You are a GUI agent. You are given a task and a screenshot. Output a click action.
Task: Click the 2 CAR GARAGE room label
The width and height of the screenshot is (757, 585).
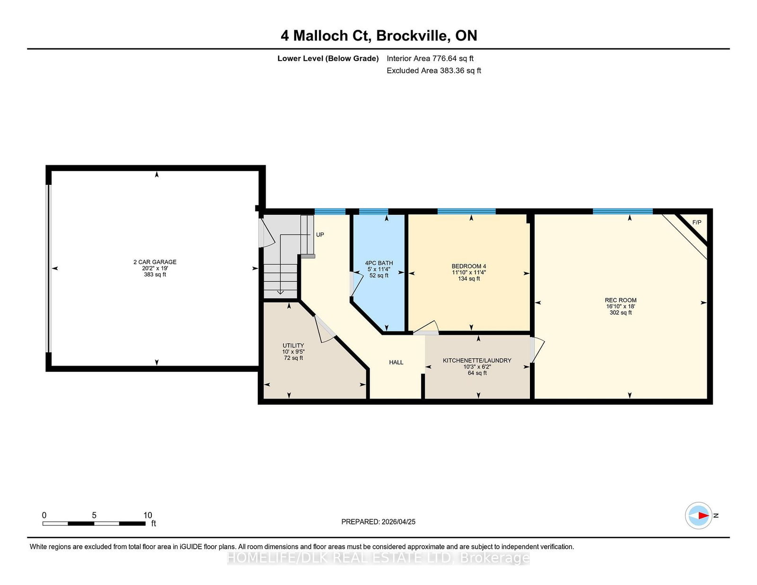(x=155, y=262)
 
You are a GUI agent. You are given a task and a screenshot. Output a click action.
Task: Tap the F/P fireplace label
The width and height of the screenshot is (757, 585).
(x=697, y=222)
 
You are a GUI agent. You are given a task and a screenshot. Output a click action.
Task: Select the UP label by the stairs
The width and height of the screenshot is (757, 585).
(x=320, y=235)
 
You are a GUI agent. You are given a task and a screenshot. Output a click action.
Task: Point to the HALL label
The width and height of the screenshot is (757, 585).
(x=396, y=362)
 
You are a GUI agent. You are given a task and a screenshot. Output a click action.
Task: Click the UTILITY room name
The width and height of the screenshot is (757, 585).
(x=293, y=345)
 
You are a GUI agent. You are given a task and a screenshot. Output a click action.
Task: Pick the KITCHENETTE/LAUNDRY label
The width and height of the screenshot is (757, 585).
(x=477, y=360)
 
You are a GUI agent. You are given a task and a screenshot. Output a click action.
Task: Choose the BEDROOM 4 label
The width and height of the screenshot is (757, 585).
(x=469, y=266)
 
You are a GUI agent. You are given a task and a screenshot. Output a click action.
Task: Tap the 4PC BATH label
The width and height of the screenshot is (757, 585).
(x=379, y=263)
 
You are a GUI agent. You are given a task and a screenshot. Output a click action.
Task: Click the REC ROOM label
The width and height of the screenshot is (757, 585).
(x=620, y=300)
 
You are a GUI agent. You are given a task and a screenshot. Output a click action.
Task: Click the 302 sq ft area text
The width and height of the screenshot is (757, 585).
(x=620, y=313)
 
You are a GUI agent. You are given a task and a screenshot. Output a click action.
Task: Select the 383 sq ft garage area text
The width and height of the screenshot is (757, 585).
(x=155, y=274)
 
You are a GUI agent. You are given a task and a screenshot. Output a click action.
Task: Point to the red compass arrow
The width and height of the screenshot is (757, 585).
(x=704, y=515)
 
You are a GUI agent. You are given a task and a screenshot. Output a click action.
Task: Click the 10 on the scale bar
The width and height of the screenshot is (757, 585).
(x=148, y=515)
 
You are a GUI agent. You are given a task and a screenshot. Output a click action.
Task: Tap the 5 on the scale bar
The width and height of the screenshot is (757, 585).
(x=94, y=515)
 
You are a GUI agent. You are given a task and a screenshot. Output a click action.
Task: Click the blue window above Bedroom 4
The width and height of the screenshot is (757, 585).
(x=467, y=211)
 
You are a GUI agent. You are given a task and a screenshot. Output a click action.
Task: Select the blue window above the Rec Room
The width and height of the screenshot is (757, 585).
(x=623, y=211)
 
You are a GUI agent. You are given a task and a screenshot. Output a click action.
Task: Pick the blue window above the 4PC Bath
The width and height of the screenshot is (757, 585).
(x=373, y=211)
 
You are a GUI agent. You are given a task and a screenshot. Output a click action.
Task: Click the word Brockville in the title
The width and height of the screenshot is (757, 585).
(x=412, y=35)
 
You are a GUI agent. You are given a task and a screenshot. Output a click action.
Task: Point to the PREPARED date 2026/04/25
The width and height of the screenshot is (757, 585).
(x=398, y=522)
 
